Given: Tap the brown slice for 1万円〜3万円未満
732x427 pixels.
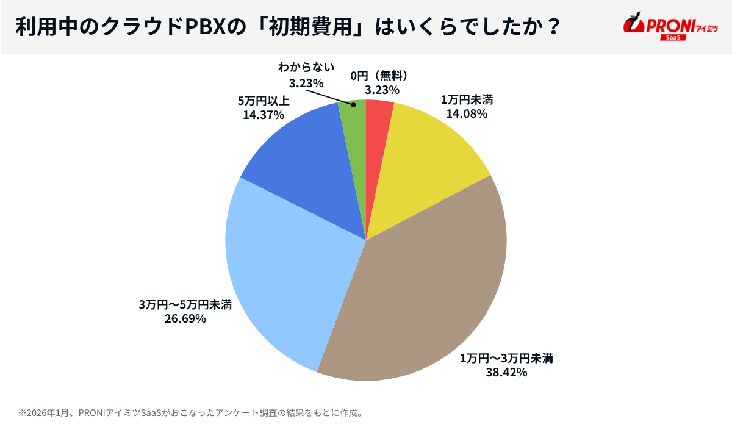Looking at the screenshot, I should (x=421, y=293).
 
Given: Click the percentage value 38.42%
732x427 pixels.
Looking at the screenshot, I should (x=506, y=372).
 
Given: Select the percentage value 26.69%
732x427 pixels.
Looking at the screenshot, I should (x=185, y=318).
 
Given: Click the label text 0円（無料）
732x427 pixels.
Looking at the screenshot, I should (x=379, y=75).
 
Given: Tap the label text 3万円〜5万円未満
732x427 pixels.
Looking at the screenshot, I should (x=185, y=304).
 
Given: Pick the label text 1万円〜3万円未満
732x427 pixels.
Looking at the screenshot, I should (x=506, y=357).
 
